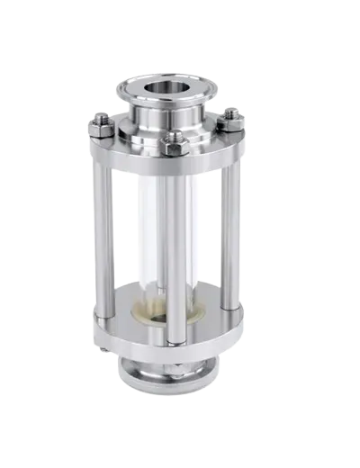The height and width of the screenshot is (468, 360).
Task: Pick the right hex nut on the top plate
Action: click(231, 117)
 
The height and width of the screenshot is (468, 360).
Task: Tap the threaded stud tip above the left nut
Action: click(102, 114)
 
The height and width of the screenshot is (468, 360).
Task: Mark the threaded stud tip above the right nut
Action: click(231, 111)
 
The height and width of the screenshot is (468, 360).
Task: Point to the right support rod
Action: click(232, 234)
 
